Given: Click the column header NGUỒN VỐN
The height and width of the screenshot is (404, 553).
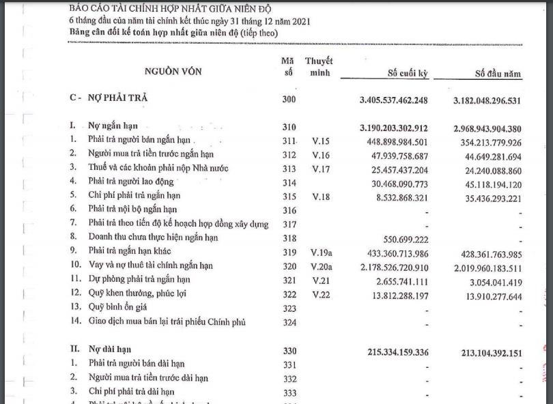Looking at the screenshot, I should pyautogui.click(x=173, y=71).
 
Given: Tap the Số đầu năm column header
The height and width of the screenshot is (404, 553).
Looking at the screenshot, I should pyautogui.click(x=498, y=73).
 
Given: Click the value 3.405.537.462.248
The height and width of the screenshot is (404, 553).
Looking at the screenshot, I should pyautogui.click(x=394, y=101).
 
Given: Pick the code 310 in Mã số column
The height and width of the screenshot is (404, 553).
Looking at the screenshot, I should pyautogui.click(x=289, y=127).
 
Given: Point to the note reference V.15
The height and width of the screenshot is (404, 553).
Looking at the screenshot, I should pyautogui.click(x=320, y=141).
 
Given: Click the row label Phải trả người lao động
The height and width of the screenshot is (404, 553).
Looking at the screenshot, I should pyautogui.click(x=131, y=182).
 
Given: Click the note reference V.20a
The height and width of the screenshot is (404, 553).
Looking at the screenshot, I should pyautogui.click(x=321, y=265).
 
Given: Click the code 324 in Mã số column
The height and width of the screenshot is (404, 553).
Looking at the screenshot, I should pyautogui.click(x=289, y=321).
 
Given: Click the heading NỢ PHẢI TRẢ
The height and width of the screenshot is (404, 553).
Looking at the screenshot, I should pyautogui.click(x=118, y=98).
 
